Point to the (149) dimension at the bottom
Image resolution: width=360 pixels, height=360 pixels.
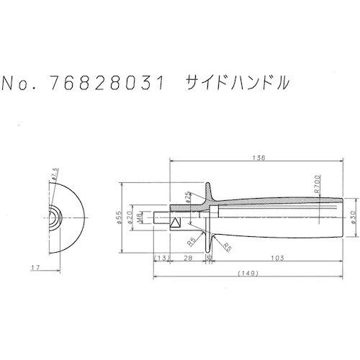[246, 274]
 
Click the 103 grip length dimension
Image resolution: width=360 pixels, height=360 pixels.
[274, 257]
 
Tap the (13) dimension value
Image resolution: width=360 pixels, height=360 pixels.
[162, 257]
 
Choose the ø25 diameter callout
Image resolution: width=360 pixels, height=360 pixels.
[189, 197]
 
